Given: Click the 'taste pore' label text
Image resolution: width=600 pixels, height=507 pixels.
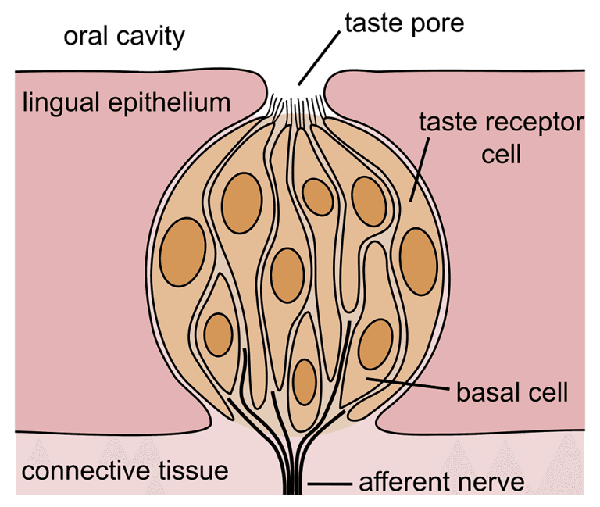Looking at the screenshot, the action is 405,23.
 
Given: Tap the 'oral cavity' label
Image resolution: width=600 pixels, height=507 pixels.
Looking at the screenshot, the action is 124,37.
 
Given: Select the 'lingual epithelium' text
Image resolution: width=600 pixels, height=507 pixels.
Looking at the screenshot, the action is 127,102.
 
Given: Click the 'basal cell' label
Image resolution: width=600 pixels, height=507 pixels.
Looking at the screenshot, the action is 512,392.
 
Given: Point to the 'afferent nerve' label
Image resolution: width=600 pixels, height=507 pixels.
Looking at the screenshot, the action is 441,482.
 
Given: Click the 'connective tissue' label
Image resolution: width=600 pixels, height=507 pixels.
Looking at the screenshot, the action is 125,470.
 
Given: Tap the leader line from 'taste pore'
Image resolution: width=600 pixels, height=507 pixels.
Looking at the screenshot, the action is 319,58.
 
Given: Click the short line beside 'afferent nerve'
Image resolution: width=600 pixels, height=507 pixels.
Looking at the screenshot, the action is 330,484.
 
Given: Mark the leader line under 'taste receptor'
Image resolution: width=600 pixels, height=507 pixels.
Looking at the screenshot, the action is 420,169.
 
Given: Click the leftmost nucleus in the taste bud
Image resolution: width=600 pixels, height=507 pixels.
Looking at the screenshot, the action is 183,252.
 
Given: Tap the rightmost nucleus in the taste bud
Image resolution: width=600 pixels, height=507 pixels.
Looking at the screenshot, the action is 419,262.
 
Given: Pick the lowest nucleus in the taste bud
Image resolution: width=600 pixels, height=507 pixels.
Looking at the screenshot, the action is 305,382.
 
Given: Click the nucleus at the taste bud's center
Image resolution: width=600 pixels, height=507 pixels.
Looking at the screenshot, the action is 287,275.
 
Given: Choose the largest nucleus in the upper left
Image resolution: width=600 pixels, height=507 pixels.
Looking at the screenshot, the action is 242,203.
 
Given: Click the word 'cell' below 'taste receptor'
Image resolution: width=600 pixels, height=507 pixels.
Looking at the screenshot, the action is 502,154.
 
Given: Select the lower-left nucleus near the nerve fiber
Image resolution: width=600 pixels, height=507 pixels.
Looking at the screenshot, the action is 218,334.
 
